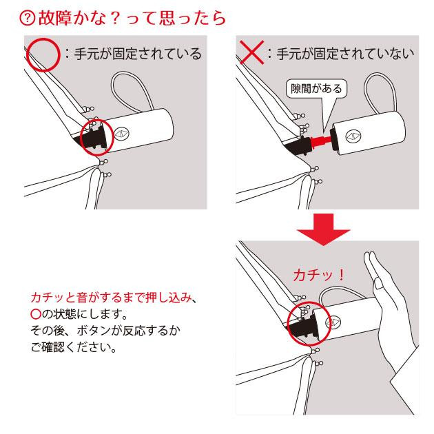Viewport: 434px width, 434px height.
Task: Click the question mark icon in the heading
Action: [x=27, y=19]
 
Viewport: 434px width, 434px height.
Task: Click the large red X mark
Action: [x=252, y=52]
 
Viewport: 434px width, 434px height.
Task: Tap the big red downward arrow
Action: [x=324, y=229]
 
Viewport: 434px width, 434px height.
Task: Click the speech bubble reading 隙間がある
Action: [x=316, y=89]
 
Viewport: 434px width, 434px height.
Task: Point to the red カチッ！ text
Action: [x=319, y=275]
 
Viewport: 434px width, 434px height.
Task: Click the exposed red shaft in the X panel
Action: [x=321, y=141]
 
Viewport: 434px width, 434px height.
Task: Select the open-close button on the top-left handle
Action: [x=122, y=134]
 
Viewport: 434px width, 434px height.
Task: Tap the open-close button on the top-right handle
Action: [x=353, y=136]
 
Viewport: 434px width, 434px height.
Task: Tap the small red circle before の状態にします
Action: [x=36, y=314]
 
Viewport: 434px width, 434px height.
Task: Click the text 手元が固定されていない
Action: [x=345, y=54]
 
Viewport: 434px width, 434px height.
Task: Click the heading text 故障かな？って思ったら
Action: [x=132, y=19]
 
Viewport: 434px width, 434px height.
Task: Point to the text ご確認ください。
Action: [x=73, y=347]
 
